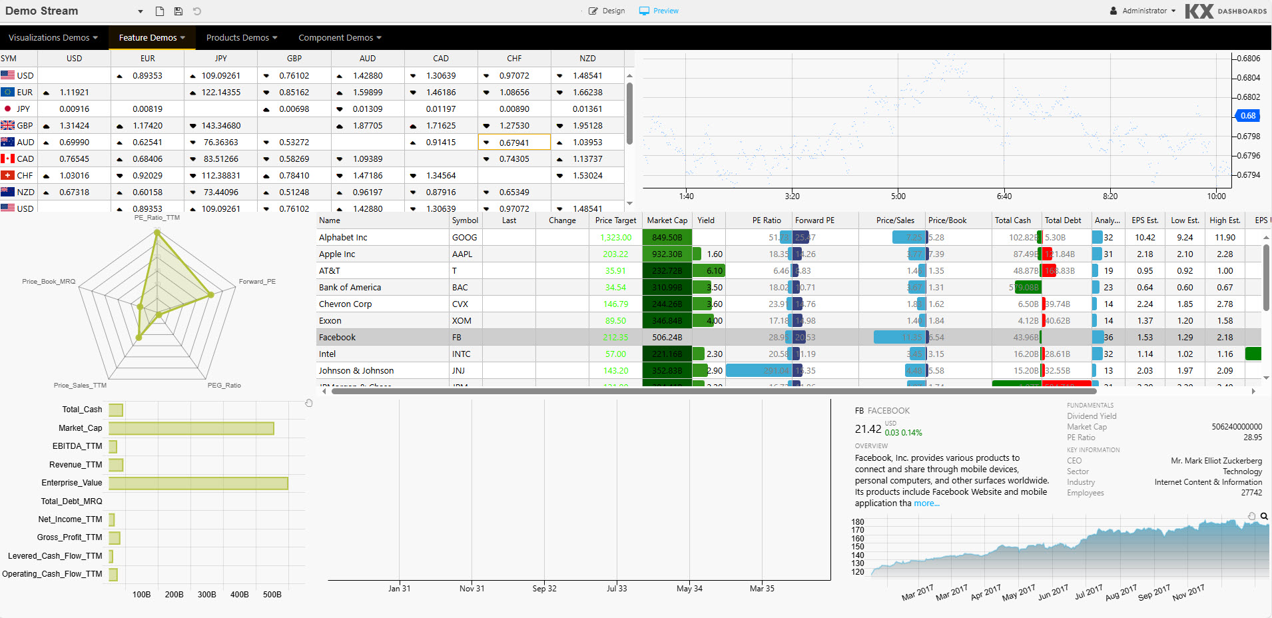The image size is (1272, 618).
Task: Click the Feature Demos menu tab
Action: click(x=151, y=38)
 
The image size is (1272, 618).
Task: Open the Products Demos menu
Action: click(x=241, y=38)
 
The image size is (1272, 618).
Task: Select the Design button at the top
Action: click(x=607, y=11)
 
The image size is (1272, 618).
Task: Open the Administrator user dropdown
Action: click(x=1143, y=11)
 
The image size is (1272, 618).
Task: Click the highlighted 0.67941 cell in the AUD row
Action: click(x=514, y=143)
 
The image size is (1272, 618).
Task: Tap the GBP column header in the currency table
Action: click(x=294, y=59)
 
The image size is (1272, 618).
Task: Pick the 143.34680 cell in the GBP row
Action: click(x=221, y=126)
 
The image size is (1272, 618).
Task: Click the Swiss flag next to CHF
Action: click(x=7, y=176)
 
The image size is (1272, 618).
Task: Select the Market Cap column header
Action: click(x=667, y=220)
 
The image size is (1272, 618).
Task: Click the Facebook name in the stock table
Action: click(x=337, y=338)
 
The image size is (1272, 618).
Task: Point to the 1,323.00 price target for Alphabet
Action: click(x=615, y=238)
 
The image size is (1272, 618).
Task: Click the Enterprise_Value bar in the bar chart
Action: click(x=198, y=483)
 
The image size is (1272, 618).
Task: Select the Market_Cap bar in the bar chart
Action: click(x=191, y=428)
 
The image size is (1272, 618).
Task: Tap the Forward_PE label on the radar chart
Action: click(x=257, y=282)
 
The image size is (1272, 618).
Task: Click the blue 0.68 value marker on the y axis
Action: click(x=1248, y=116)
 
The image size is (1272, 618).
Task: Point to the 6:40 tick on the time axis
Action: click(x=1004, y=196)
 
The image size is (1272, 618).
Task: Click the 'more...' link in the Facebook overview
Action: click(x=926, y=503)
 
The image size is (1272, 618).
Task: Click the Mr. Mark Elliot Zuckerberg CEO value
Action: click(x=1216, y=461)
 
